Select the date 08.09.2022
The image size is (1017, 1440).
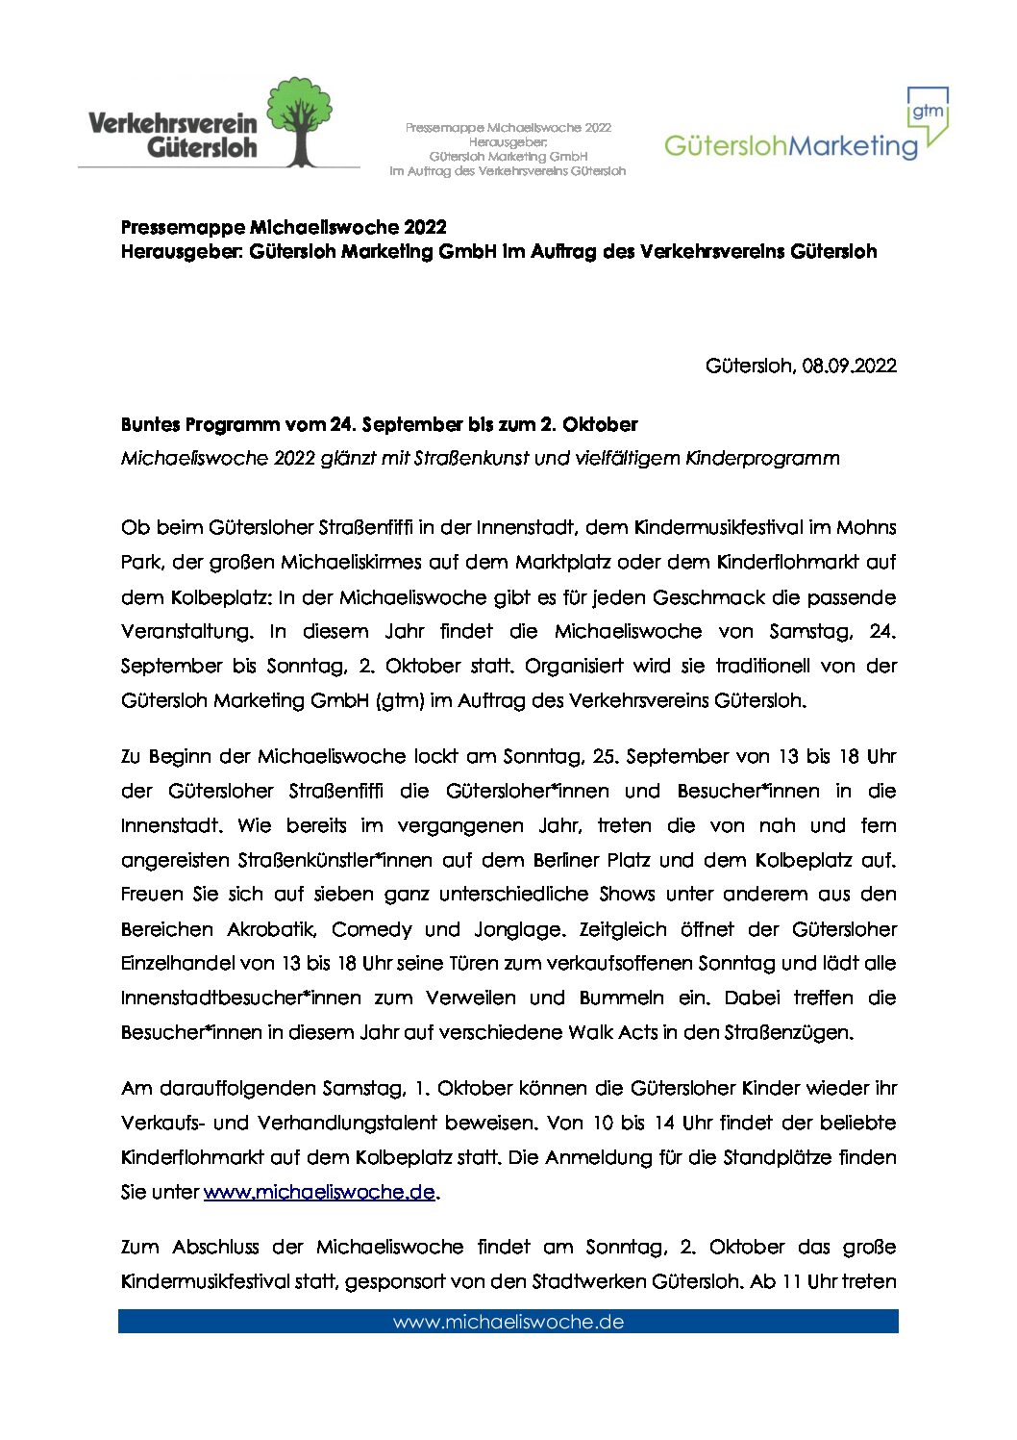click(x=850, y=366)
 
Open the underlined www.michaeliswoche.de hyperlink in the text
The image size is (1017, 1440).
click(x=319, y=1192)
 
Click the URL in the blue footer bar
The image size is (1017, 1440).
click(x=508, y=1322)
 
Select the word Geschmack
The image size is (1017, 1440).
click(x=709, y=597)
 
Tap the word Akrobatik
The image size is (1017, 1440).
click(x=273, y=929)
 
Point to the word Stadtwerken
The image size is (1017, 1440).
click(x=588, y=1281)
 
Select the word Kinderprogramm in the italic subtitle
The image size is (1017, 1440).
click(x=762, y=458)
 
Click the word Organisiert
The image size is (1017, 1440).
click(x=574, y=666)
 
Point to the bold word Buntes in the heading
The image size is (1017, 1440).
click(x=150, y=424)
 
